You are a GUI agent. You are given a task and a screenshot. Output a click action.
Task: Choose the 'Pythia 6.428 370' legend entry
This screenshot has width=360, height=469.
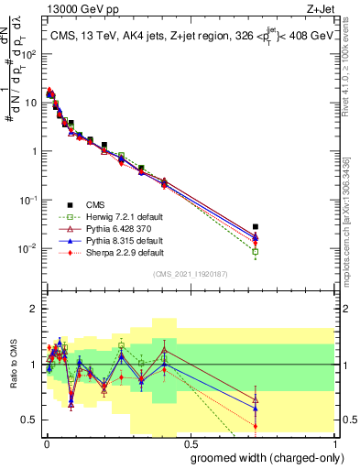pos(103,227)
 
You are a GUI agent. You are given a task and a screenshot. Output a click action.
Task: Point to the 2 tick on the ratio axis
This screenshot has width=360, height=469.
pos(34,309)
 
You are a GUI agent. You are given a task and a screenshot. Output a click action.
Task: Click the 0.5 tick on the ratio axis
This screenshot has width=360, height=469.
pos(30,420)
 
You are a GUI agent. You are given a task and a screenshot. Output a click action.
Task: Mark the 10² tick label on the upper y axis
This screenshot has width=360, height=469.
pos(29,54)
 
